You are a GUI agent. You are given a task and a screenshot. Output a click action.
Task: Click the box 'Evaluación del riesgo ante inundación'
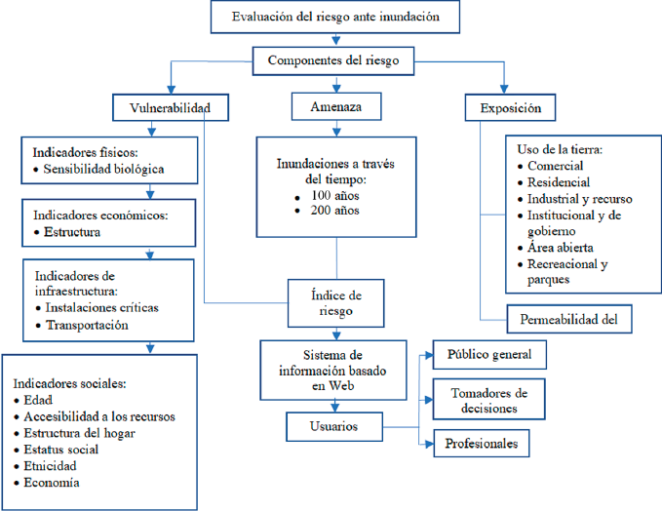click(x=336, y=18)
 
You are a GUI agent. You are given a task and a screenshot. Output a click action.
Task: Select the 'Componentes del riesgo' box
click(x=336, y=61)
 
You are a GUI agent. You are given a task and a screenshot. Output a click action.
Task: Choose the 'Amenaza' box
click(x=336, y=105)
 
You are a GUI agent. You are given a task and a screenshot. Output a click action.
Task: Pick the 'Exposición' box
click(x=504, y=106)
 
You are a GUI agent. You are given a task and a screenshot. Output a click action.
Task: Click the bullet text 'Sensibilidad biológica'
click(x=104, y=170)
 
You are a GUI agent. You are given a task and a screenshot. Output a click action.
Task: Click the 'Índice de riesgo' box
click(x=335, y=302)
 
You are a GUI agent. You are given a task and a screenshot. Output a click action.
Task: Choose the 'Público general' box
click(x=489, y=354)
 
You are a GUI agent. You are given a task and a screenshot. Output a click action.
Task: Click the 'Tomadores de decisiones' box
click(x=489, y=400)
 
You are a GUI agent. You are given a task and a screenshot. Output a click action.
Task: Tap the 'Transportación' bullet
click(x=87, y=326)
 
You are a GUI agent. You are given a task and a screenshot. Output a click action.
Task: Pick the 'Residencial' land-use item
click(x=559, y=182)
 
